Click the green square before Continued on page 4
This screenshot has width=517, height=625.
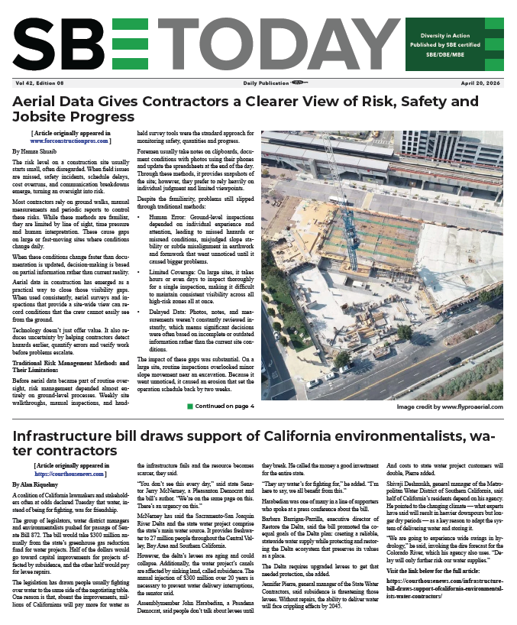[190, 406]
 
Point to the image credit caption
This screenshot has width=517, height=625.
[448, 407]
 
